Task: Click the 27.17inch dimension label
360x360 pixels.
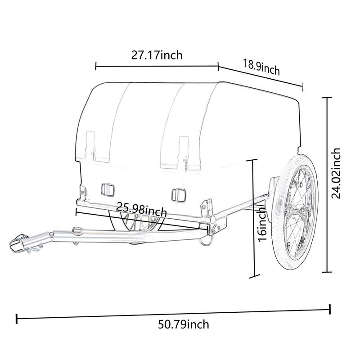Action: coord(157,55)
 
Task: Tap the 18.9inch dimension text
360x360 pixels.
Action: coord(261,67)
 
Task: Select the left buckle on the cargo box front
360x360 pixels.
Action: coord(108,189)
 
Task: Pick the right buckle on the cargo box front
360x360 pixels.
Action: coord(178,194)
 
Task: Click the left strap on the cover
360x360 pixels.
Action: coord(92,147)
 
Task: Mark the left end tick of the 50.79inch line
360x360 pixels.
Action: coord(17,319)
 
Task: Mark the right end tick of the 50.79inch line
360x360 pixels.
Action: coord(330,309)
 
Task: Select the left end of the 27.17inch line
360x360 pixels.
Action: coord(96,67)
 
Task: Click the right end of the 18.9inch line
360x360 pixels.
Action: coord(302,86)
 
